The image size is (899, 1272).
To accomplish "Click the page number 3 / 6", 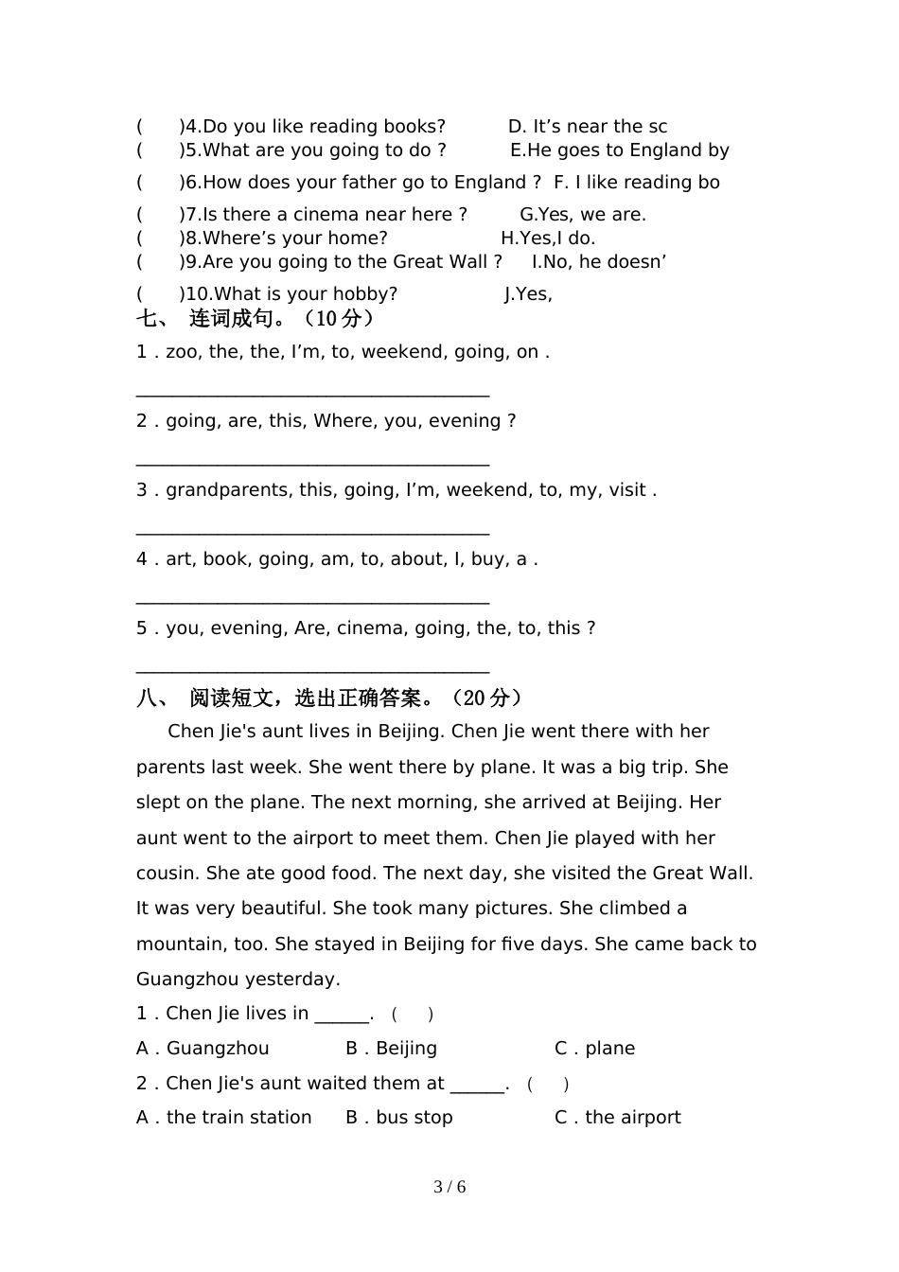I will point(449,1187).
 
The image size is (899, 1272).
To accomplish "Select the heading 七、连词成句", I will point(256,319).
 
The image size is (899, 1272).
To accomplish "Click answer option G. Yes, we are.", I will point(583,215).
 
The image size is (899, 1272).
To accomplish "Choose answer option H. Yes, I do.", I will point(548,238).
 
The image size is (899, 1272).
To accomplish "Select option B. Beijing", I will point(391,1049).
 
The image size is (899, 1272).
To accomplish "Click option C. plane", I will point(594,1049).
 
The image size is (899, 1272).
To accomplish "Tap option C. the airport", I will point(617,1118).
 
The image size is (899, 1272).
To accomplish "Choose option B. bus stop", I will point(398,1118).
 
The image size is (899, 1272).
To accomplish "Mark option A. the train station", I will point(223,1118).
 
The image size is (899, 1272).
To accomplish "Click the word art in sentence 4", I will point(179,559).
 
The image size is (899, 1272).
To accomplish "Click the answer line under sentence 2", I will point(312,463).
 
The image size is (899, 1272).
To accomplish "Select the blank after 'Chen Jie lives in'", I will point(342,1016).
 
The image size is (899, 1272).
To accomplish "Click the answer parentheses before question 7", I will point(159,215).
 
